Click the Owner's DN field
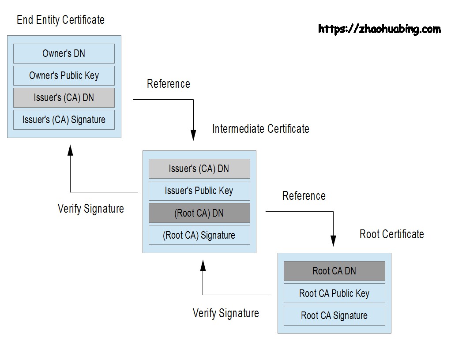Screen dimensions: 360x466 (x=64, y=53)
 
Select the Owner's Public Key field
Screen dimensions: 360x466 (x=64, y=75)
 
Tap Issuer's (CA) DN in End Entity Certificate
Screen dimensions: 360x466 (x=64, y=97)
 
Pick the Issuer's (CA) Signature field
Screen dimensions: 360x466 (x=64, y=120)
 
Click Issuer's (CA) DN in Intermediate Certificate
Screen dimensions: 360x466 (x=199, y=169)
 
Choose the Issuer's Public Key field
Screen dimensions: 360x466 (x=199, y=191)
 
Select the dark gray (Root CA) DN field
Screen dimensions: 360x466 (x=199, y=213)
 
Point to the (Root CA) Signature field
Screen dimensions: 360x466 (x=199, y=235)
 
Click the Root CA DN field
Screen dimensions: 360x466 (x=334, y=271)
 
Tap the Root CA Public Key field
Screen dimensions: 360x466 (x=334, y=293)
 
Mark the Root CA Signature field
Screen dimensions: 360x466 (x=334, y=315)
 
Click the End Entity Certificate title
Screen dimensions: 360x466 (x=60, y=20)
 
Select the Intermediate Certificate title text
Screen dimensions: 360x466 (x=260, y=129)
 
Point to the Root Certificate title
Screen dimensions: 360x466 (x=391, y=234)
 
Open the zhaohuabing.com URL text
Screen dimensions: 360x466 (x=379, y=29)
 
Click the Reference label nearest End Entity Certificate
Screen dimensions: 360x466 (x=168, y=84)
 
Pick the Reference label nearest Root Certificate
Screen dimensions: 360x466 (x=304, y=196)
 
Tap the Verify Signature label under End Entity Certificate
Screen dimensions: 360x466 (x=90, y=208)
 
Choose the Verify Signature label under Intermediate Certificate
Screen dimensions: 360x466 (x=225, y=313)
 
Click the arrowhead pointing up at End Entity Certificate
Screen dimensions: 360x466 (x=70, y=150)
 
